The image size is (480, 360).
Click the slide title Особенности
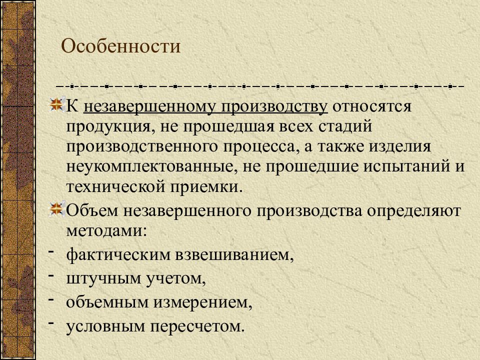(121, 46)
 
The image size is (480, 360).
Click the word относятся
(372, 107)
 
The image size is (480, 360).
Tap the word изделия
(400, 147)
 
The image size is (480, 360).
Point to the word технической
(115, 187)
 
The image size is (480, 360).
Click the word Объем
(92, 210)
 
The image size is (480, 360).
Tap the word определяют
(414, 211)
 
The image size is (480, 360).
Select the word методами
(106, 231)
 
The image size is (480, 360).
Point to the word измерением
(202, 303)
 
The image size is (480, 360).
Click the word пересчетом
(197, 327)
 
